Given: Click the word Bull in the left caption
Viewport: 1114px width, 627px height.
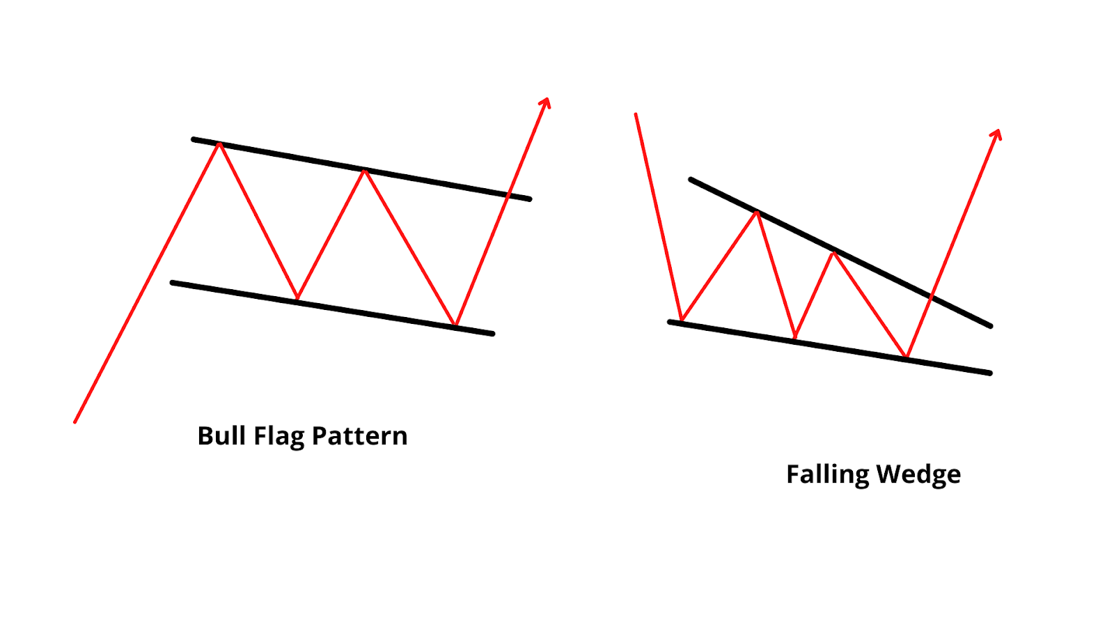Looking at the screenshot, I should (x=222, y=436).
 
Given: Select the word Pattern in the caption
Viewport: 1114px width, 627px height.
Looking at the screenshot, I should (x=359, y=436).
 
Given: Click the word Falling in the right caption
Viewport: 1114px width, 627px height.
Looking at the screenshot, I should (x=827, y=475).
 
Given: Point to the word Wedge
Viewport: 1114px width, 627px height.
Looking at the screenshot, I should (x=918, y=475).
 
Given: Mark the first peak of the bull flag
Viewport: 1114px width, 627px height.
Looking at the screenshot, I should (x=219, y=144).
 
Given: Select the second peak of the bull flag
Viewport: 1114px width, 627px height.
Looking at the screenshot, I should (x=364, y=170).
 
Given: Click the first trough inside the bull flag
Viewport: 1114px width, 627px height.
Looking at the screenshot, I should (x=297, y=299).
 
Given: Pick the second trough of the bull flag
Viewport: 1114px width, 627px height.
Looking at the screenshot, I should (x=455, y=324).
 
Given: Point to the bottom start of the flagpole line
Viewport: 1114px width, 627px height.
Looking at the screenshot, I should (x=74, y=421).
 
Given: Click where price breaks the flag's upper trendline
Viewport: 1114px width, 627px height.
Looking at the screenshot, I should (x=509, y=194).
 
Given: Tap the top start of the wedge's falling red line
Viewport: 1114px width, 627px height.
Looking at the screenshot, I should (x=636, y=114).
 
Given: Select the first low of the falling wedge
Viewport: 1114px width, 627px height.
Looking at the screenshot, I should (x=681, y=320).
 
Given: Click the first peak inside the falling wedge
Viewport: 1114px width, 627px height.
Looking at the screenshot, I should (x=757, y=212).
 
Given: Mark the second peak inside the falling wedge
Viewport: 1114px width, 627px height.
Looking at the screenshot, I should (x=833, y=251).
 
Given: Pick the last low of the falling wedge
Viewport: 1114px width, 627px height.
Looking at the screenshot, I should (x=907, y=357).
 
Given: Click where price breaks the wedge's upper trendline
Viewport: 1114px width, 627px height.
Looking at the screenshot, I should (x=932, y=296).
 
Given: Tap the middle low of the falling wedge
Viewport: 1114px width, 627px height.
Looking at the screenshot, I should (x=795, y=339).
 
